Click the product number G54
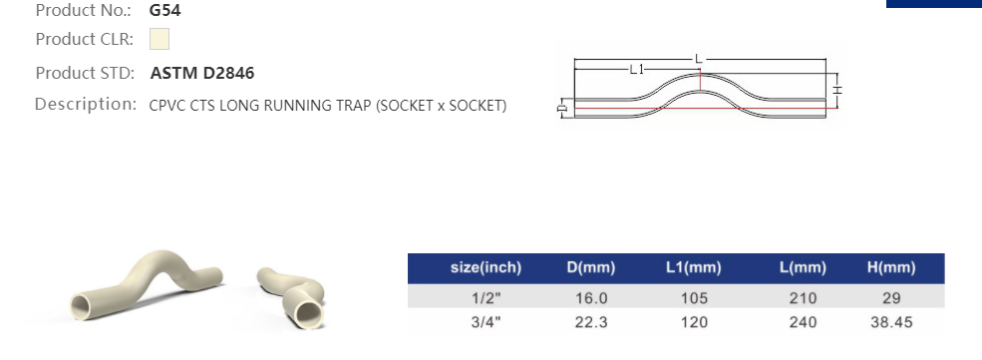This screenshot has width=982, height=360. [165, 11]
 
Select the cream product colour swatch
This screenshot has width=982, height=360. [160, 40]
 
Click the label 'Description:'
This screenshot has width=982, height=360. [86, 104]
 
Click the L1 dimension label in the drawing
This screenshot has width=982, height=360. [638, 69]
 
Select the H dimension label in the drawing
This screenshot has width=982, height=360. [838, 90]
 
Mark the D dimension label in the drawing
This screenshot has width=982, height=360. [562, 106]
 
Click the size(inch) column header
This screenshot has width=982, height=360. [486, 267]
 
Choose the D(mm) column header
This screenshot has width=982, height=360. [590, 267]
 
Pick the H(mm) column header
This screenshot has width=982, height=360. [891, 267]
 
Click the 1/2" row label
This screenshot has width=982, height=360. [486, 298]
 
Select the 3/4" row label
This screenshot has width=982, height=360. [486, 322]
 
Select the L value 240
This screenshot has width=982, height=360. [803, 322]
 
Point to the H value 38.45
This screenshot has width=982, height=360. [891, 322]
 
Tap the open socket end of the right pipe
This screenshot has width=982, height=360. [311, 313]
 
